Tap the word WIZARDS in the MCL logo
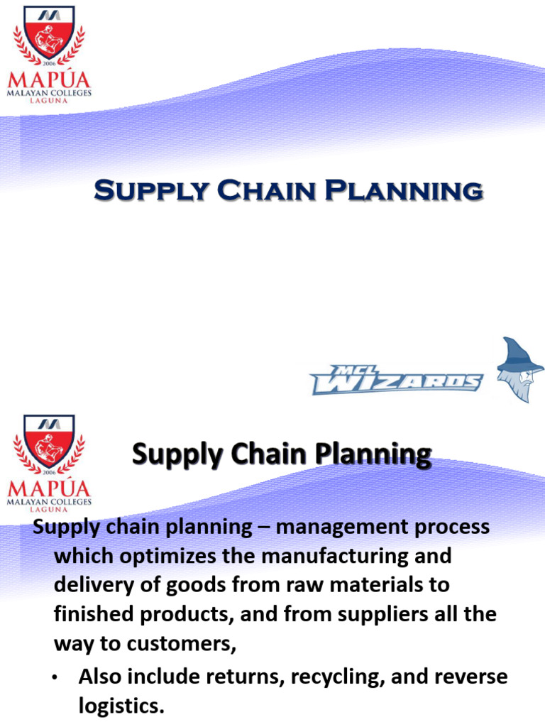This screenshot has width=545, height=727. click(397, 382)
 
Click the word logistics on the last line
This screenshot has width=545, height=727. click(121, 706)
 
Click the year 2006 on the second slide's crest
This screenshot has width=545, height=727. click(49, 471)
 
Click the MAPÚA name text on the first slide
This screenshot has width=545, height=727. click(49, 78)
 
